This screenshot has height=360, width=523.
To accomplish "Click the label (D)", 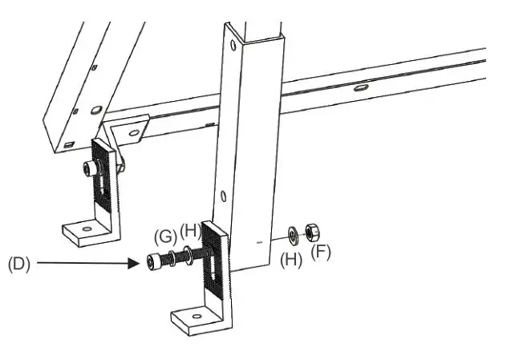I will tap(18, 265).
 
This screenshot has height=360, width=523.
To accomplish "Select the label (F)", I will tap(321, 252).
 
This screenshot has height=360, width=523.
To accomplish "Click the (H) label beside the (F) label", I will tap(290, 260).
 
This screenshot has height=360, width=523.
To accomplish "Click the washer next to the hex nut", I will tap(294, 234).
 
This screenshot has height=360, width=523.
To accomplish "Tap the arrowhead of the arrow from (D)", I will tap(137, 262).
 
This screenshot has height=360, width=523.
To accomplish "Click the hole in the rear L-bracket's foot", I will tap(85, 229).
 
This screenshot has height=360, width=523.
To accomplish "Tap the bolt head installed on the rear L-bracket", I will tap(89, 168).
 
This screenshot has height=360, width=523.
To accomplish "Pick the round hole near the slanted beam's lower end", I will tap(96, 109).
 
